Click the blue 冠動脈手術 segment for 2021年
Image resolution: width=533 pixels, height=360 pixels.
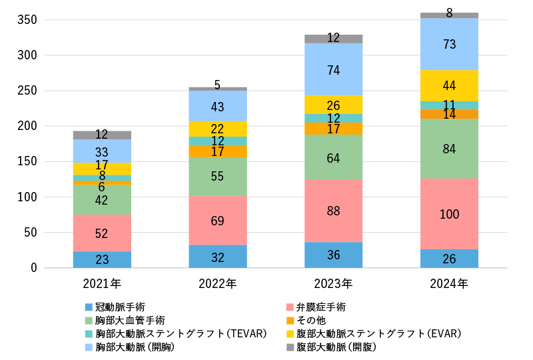click(102, 259)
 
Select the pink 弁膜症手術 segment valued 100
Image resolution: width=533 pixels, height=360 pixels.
click(450, 214)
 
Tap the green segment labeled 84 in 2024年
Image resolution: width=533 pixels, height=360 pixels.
click(450, 148)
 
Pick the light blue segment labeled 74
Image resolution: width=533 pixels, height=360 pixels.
click(334, 69)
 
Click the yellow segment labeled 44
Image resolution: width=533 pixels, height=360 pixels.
click(450, 85)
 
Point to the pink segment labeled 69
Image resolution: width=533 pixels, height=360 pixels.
click(218, 220)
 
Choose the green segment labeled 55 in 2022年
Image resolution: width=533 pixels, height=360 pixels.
click(218, 177)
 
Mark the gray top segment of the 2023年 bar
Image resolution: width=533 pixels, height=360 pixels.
click(334, 39)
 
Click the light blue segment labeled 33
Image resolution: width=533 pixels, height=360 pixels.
click(102, 151)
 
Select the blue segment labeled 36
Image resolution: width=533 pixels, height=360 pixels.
click(334, 255)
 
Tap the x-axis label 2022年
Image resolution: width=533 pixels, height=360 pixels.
click(218, 284)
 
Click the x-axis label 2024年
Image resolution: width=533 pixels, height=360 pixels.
click(450, 284)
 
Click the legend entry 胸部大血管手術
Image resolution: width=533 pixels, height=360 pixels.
click(126, 321)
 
